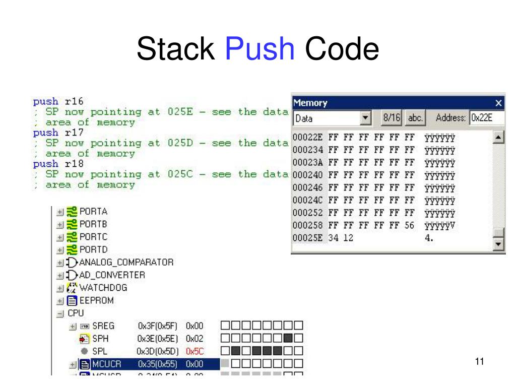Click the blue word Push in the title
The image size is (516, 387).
pyautogui.click(x=260, y=49)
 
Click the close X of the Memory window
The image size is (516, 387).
pyautogui.click(x=498, y=103)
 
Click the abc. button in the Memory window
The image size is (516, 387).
pyautogui.click(x=415, y=118)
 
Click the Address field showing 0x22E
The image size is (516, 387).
pyautogui.click(x=486, y=118)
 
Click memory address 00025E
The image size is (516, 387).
pyautogui.click(x=307, y=238)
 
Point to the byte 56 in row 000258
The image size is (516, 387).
pyautogui.click(x=409, y=226)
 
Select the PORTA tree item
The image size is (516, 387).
pyautogui.click(x=93, y=211)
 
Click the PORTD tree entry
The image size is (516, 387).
pyautogui.click(x=93, y=249)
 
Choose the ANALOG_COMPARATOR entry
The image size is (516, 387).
pyautogui.click(x=126, y=263)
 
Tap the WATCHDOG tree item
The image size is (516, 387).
pyautogui.click(x=103, y=288)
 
